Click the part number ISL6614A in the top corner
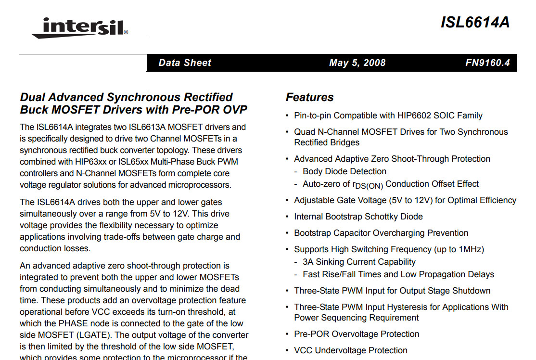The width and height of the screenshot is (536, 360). tap(474, 23)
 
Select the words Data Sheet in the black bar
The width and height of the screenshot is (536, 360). tap(185, 63)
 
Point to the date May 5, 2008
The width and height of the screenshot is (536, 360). tap(357, 63)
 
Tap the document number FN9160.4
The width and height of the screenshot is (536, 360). tap(487, 63)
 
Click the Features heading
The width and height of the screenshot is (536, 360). tap(309, 97)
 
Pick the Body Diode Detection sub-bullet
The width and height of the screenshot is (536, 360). tap(344, 171)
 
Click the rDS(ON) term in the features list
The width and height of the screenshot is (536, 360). tap(368, 185)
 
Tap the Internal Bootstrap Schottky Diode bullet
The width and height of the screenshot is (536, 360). tap(358, 217)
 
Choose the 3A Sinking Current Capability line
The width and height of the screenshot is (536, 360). tap(359, 262)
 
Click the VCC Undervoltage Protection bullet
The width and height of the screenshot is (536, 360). tap(350, 350)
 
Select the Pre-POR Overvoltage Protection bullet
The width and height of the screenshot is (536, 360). tap(356, 334)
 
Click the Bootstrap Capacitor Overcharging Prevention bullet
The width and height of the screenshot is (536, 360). tap(381, 233)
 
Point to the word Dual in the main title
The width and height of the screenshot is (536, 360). tap(32, 97)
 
